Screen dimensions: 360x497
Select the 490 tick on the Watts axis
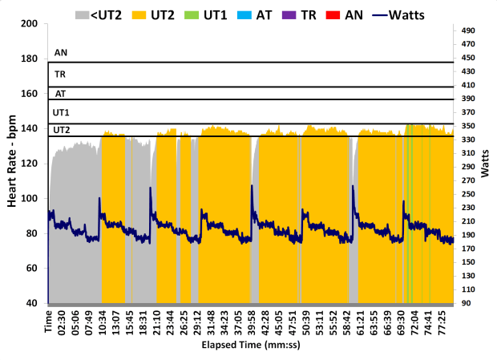click(x=470, y=30)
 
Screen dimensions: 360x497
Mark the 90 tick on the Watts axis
click(x=467, y=304)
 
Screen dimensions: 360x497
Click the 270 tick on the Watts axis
click(x=470, y=181)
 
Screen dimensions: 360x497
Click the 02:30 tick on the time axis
click(x=63, y=322)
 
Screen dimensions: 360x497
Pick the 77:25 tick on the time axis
click(x=440, y=322)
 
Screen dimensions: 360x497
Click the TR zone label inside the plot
click(x=60, y=75)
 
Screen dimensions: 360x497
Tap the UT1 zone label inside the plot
click(x=61, y=113)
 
